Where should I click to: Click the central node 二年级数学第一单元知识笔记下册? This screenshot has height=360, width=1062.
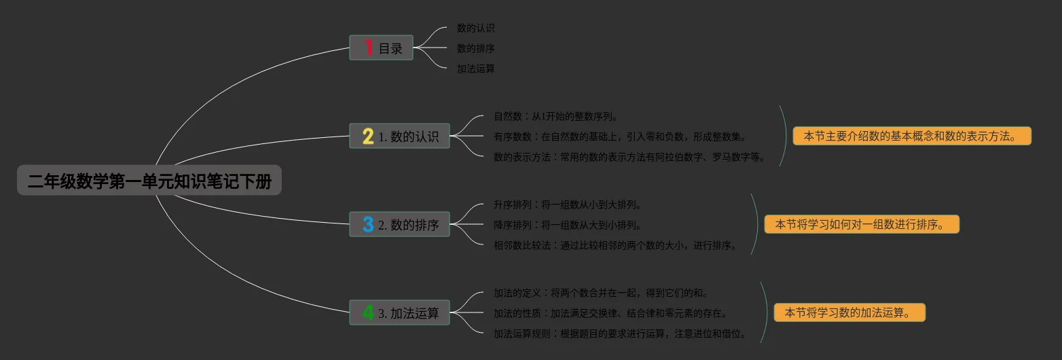[149, 181]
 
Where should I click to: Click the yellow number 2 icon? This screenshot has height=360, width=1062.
[368, 137]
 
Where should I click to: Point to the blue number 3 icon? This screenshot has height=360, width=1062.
[368, 224]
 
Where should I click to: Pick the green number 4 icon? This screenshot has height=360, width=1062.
[368, 313]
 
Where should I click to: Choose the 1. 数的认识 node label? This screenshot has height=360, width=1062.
[409, 137]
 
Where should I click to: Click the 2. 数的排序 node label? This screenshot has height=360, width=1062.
[409, 225]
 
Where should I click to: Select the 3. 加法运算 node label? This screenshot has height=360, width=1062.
[409, 313]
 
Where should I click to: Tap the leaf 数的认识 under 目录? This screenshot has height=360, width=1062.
[475, 28]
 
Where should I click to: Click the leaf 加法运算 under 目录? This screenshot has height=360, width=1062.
[475, 69]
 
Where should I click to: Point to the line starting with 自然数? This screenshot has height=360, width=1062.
[555, 117]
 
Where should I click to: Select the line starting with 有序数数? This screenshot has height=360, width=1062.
[620, 137]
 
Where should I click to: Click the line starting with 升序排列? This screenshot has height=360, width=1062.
[568, 204]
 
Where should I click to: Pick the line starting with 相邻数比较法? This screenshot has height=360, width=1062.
[615, 245]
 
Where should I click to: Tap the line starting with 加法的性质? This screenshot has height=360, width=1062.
[610, 313]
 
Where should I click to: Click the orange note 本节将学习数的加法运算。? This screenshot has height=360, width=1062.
[849, 312]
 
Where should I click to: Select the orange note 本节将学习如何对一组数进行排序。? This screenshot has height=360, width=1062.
[862, 224]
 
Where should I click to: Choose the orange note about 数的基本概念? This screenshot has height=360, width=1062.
[911, 136]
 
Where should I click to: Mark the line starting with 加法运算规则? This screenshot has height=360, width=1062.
[620, 334]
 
